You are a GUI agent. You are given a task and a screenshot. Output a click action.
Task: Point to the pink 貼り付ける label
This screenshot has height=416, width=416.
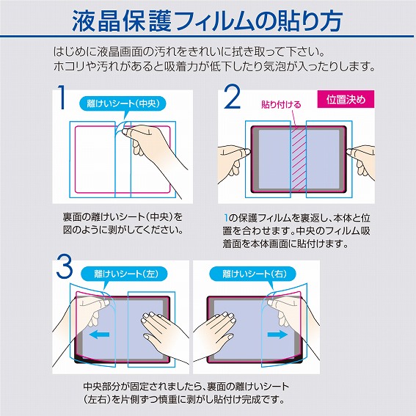point(281,105)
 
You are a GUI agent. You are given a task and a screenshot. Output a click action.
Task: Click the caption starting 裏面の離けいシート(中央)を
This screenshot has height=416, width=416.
point(123,223)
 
